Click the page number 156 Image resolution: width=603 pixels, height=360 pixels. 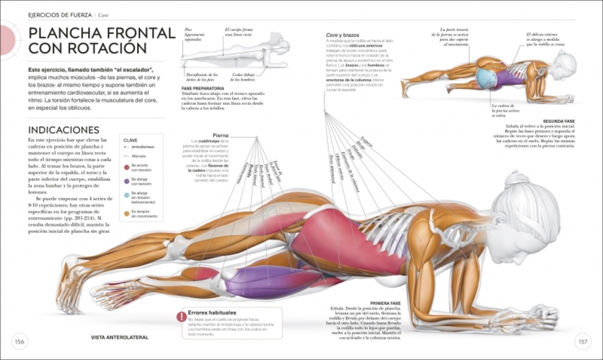click(20, 342)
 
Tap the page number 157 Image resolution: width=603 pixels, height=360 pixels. click(583, 342)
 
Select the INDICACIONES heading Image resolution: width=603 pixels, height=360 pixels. click(64, 130)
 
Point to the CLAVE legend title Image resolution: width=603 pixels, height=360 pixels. click(130, 141)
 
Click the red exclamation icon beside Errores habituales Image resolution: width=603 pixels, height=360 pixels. click(180, 316)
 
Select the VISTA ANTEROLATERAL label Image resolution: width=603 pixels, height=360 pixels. click(120, 337)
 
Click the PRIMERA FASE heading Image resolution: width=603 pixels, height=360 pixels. click(385, 304)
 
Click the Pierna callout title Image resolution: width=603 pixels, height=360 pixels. click(221, 135)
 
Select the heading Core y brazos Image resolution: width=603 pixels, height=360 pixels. click(343, 35)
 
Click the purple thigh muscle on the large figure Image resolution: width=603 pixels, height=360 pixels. click(271, 283)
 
